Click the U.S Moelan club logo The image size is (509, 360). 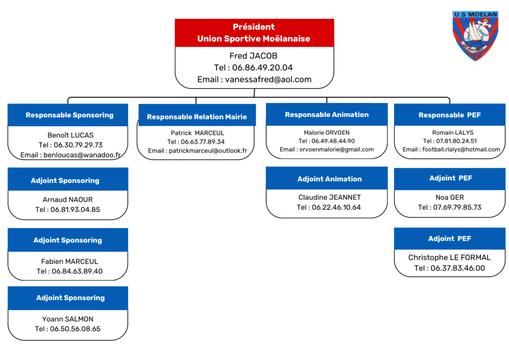click(476, 35)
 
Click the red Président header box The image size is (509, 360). click(254, 33)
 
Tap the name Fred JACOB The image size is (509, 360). click(253, 56)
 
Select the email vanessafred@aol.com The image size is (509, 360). click(268, 80)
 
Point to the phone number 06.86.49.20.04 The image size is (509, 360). click(262, 68)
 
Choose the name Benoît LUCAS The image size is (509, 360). click(71, 135)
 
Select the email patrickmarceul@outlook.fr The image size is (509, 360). click(208, 151)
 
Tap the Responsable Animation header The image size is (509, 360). click(327, 114)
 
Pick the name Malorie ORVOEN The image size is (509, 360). click(327, 132)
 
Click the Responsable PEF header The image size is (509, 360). click(449, 114)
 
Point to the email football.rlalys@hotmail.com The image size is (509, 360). click(461, 149)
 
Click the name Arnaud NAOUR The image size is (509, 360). click(68, 199)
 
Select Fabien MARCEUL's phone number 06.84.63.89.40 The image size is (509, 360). click(77, 271)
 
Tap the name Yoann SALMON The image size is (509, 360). click(68, 319)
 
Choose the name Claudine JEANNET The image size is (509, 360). click(330, 197)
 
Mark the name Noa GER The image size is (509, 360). click(449, 197)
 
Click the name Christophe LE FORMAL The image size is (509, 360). click(449, 258)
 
